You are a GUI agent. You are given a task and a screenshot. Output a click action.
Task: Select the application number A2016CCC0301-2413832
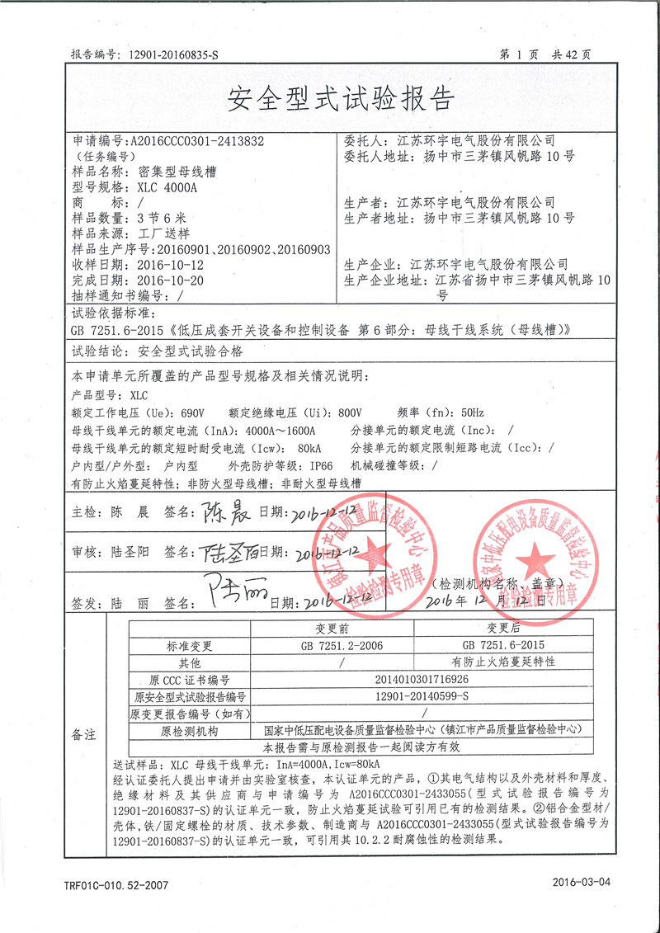[198, 141]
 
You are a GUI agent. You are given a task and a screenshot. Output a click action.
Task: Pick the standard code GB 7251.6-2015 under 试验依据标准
[119, 329]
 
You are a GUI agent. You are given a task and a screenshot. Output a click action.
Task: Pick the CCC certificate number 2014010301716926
[421, 680]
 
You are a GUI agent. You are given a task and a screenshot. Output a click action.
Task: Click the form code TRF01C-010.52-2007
[115, 884]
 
